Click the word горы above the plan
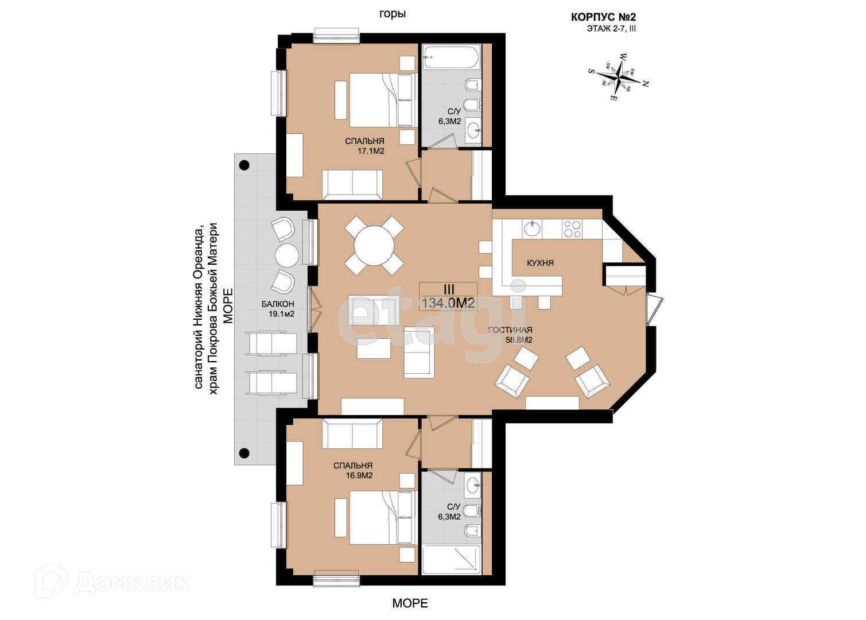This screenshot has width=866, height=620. coord(393,14)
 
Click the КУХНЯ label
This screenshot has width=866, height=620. coord(540,263)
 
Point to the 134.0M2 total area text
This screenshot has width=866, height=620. coord(448,303)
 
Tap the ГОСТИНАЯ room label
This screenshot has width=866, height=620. coord(510,330)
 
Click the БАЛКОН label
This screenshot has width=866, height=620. coord(277,304)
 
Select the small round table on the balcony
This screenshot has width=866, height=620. coord(286,254)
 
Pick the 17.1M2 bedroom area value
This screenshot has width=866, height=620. coord(370,152)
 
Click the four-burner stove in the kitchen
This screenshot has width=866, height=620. coord(573,229)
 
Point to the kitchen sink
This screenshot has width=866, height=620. coord(531,228)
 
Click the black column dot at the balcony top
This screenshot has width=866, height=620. coord(244,165)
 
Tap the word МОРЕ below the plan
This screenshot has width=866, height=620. coord(410,603)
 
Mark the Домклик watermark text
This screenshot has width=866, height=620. coord(132,583)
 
